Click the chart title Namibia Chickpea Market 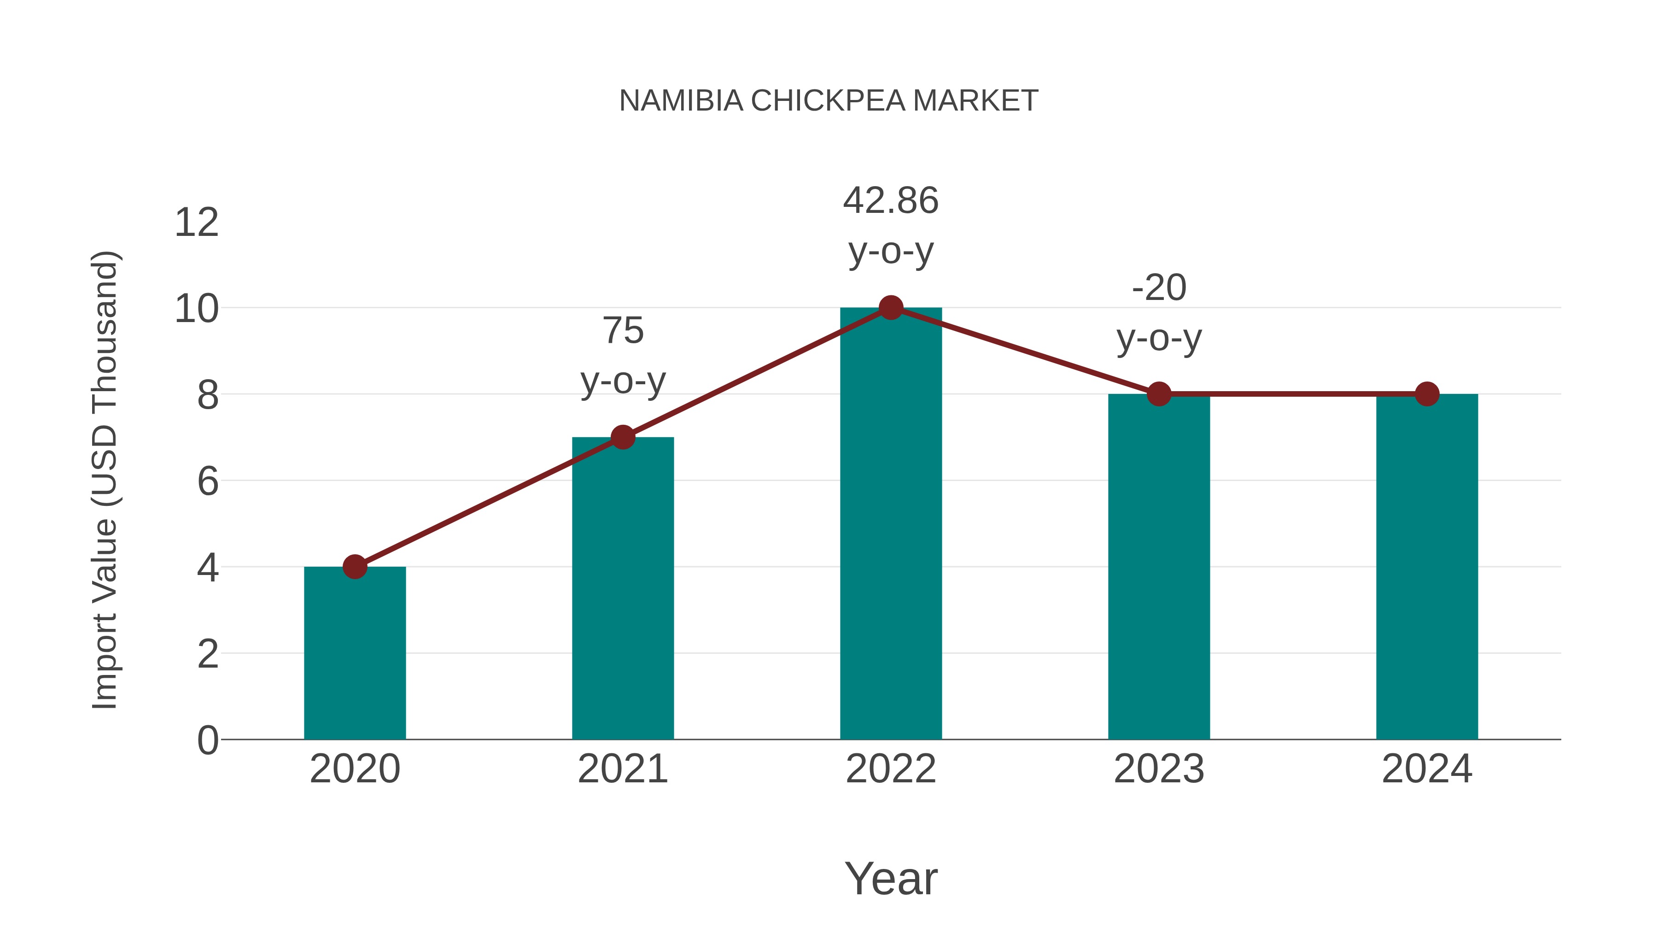click(x=829, y=101)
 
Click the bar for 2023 click(x=1159, y=567)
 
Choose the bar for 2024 click(x=1426, y=567)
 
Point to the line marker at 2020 click(x=355, y=567)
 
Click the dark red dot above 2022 click(x=890, y=308)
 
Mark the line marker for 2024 click(x=1426, y=393)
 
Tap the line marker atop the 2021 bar click(x=622, y=437)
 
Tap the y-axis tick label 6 click(x=208, y=481)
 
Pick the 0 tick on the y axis click(x=208, y=740)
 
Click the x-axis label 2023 click(x=1159, y=769)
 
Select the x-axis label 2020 click(x=355, y=769)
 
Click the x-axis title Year click(x=890, y=878)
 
